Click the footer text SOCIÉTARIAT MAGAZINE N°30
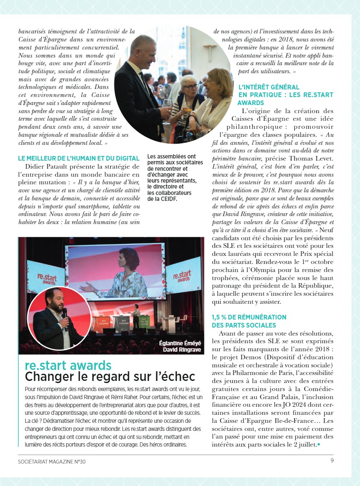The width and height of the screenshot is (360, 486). coord(52,461)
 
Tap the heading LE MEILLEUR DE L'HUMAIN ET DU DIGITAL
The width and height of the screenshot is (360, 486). coord(79,158)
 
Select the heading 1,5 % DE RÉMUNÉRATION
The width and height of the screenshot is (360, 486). coord(249,317)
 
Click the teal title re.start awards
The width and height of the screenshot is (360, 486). coord(68,365)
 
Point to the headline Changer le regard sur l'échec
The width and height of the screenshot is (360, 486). coord(110,376)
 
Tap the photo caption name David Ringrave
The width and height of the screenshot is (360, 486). coord(183,350)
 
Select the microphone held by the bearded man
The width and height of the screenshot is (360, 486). coord(64,315)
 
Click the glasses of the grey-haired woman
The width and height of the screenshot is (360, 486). coord(190,87)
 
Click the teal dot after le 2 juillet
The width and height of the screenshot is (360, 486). coord(319,444)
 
